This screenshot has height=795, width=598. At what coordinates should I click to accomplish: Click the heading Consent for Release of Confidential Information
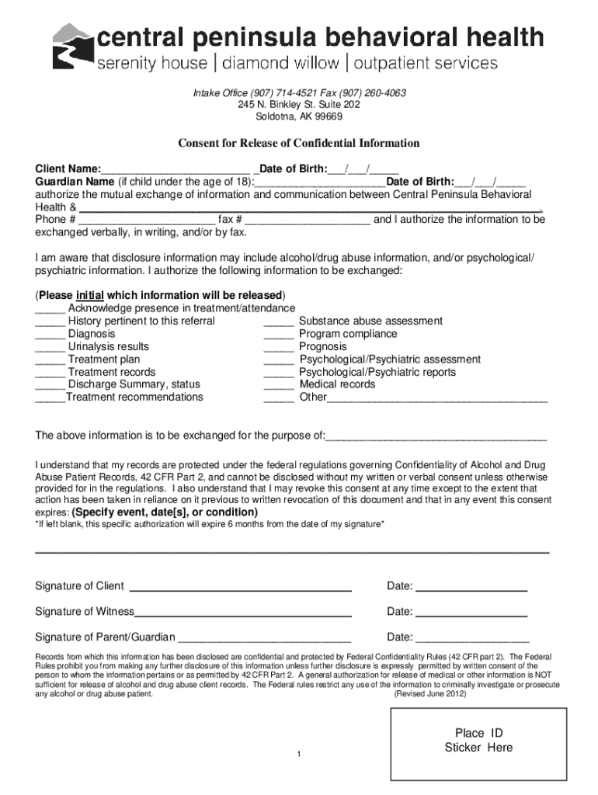(x=299, y=144)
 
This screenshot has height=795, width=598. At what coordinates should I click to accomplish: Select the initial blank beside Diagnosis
(x=50, y=335)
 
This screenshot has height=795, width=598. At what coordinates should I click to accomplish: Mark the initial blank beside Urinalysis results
(x=50, y=348)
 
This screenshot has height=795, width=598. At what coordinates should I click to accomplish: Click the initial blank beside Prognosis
(x=279, y=348)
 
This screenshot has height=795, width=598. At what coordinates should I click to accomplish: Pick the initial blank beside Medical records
(x=279, y=385)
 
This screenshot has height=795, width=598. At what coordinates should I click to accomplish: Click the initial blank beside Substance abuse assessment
(x=279, y=322)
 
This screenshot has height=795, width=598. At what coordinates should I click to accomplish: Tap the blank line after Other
(x=437, y=399)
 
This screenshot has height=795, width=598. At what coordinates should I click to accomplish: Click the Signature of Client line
(x=244, y=588)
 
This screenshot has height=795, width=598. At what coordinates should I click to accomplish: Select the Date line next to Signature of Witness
(x=472, y=613)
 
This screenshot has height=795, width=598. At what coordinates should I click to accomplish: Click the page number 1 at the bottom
(x=299, y=755)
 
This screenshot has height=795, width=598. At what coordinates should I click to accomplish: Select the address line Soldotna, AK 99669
(x=299, y=117)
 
